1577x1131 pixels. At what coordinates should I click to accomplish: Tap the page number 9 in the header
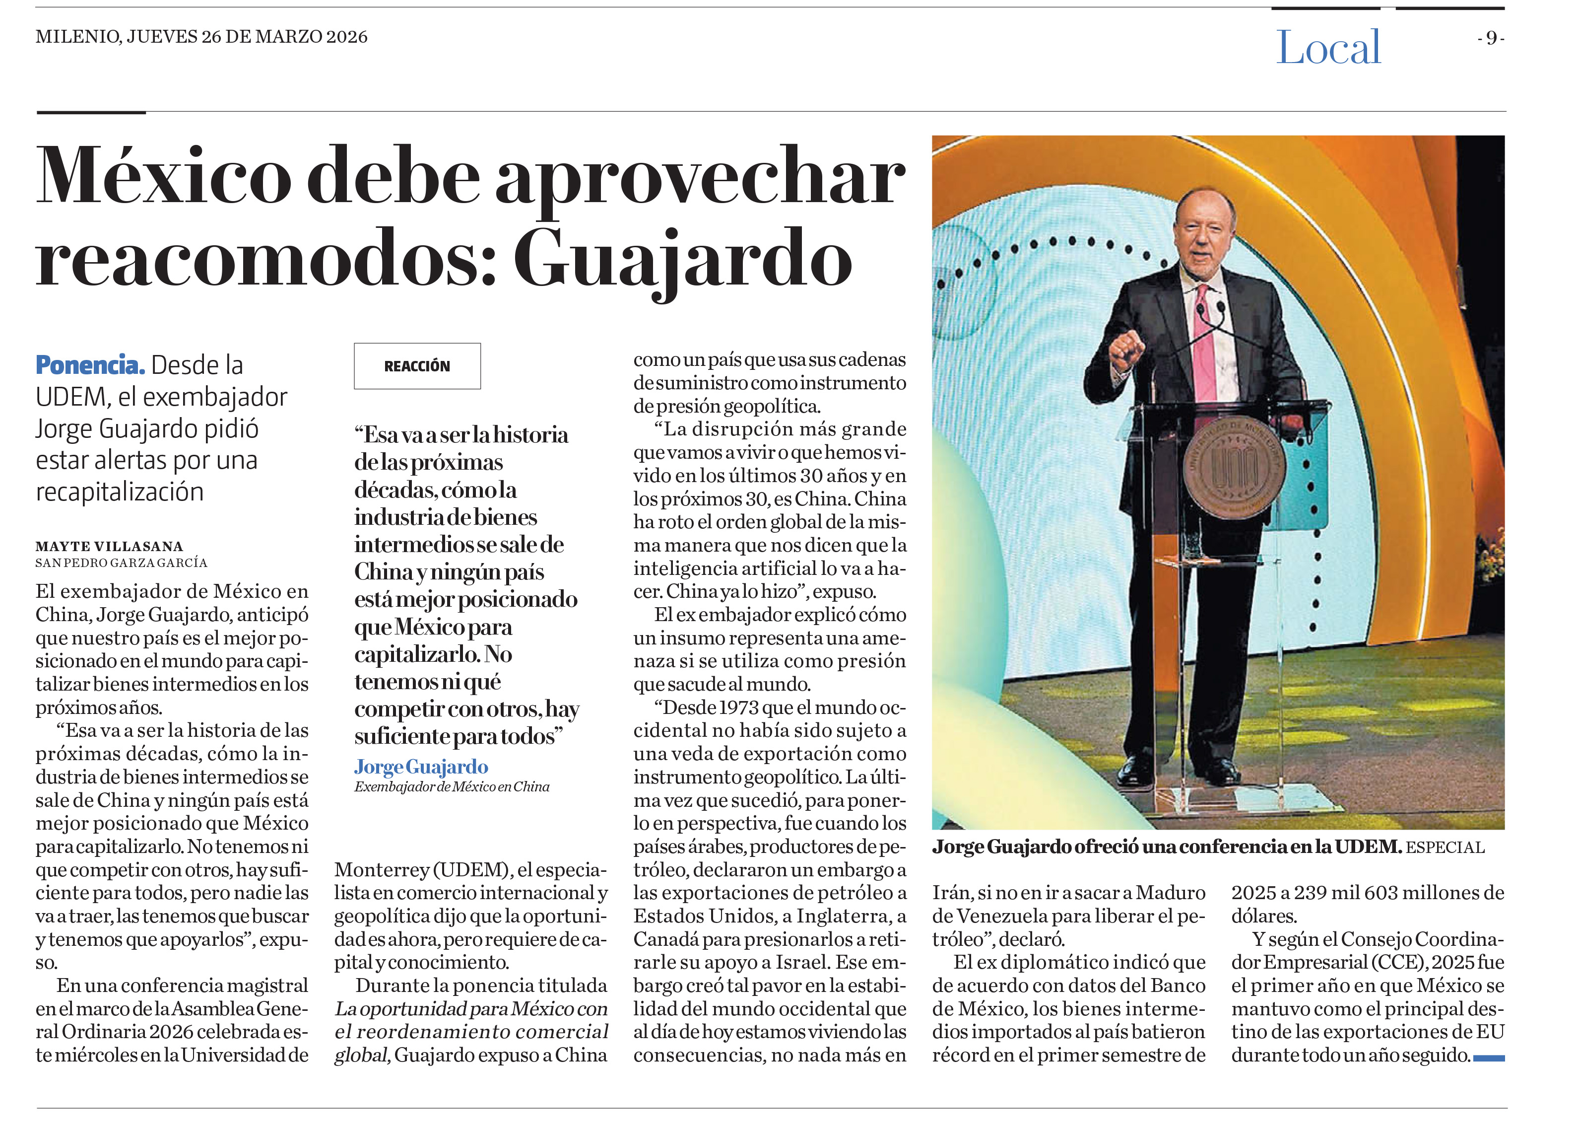1491,38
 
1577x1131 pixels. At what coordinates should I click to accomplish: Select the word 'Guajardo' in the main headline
683,260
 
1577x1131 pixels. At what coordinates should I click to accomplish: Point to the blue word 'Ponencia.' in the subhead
90,364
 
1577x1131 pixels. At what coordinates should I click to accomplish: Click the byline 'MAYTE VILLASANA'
109,546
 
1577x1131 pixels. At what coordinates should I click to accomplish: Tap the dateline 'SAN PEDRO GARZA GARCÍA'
121,562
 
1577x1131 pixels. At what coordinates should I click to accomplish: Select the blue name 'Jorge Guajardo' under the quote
421,767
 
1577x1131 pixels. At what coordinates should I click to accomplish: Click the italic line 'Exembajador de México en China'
451,787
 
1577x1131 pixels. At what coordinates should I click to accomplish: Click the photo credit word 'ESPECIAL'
1445,847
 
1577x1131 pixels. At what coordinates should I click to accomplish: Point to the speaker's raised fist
1126,348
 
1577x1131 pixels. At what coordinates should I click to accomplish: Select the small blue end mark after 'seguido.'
1489,1058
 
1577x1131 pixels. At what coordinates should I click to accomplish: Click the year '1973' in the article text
738,707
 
